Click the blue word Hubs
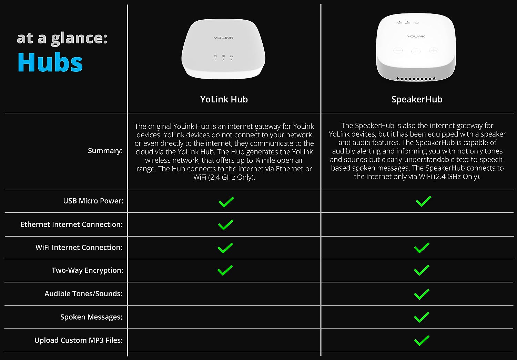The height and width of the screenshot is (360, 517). click(50, 62)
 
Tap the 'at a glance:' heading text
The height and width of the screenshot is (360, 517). click(62, 38)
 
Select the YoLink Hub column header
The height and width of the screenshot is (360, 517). click(224, 99)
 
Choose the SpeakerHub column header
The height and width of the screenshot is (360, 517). click(417, 99)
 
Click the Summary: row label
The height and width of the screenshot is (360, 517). click(105, 151)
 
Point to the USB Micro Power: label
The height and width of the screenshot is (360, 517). click(93, 201)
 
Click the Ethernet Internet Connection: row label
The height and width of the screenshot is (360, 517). click(72, 224)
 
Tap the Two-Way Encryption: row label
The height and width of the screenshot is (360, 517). click(87, 270)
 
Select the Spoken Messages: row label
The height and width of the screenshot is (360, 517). click(91, 317)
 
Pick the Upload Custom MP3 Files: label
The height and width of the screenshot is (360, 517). click(79, 340)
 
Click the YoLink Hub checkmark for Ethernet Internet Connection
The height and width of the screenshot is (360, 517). click(225, 225)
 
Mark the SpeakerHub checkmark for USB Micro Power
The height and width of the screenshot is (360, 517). click(424, 201)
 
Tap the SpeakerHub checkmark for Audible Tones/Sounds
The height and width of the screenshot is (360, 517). click(422, 294)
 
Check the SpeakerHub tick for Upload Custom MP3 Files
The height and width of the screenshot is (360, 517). click(422, 340)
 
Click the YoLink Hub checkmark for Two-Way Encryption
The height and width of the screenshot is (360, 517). click(225, 270)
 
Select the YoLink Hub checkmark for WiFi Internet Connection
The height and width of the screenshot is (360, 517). click(225, 248)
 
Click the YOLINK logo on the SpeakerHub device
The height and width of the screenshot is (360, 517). click(416, 36)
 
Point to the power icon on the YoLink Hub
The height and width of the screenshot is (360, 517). click(215, 56)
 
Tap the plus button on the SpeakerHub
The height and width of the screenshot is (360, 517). click(434, 50)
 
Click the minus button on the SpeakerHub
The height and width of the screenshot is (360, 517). click(398, 50)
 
